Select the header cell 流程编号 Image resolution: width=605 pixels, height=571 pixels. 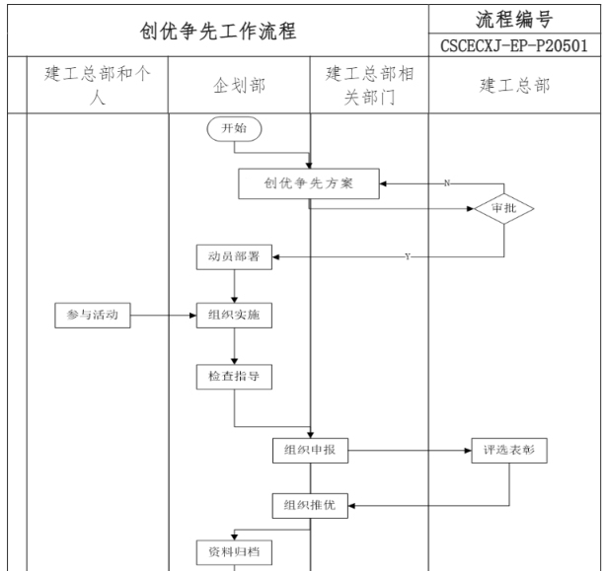[x=516, y=20]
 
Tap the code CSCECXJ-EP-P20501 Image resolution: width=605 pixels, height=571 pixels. [x=516, y=46]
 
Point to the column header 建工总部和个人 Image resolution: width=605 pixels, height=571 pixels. [x=97, y=86]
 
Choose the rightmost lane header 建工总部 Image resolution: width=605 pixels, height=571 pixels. [x=516, y=86]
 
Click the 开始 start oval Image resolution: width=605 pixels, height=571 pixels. [x=234, y=128]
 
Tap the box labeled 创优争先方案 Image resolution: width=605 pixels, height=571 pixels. [x=309, y=183]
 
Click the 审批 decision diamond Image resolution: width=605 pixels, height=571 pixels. [x=503, y=208]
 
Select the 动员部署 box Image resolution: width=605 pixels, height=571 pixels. [x=233, y=256]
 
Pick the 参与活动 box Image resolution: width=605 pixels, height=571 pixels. [x=92, y=317]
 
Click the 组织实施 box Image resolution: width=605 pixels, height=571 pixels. [x=233, y=317]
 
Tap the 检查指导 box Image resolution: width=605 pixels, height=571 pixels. [x=233, y=377]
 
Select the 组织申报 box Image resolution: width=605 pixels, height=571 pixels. [x=310, y=451]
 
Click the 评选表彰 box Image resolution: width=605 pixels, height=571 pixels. [x=508, y=451]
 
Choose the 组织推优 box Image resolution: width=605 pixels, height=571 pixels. [x=310, y=505]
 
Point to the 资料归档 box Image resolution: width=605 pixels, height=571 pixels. [x=233, y=551]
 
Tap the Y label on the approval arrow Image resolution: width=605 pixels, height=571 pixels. [x=408, y=256]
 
